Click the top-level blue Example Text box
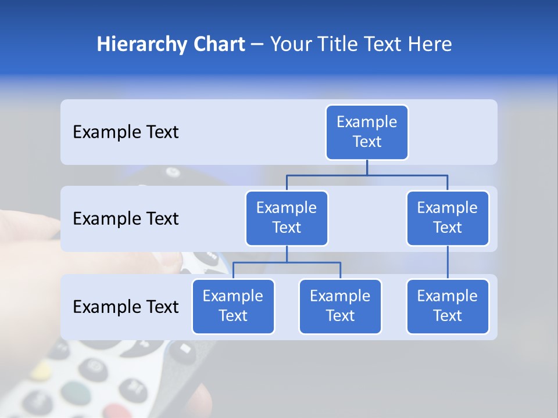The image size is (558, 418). (x=367, y=132)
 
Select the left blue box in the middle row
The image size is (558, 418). (x=287, y=218)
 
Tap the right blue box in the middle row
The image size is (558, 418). (x=448, y=218)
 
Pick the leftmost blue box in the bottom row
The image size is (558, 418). (x=233, y=307)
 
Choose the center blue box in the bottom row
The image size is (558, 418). (x=340, y=307)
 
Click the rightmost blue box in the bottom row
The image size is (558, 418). (x=448, y=307)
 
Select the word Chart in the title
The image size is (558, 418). (x=216, y=45)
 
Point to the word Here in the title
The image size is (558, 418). (x=430, y=45)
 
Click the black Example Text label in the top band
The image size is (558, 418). (x=126, y=132)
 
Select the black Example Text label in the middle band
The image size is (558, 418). (x=126, y=219)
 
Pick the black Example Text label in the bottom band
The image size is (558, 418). (x=126, y=307)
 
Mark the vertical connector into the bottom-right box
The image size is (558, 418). (x=448, y=262)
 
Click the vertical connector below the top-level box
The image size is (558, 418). (x=367, y=167)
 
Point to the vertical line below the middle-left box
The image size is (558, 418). (x=287, y=254)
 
